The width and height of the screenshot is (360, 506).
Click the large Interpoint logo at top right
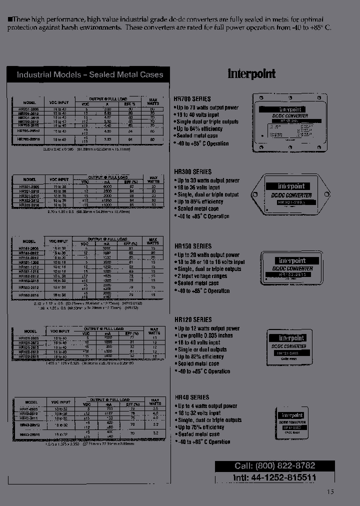tap(251, 74)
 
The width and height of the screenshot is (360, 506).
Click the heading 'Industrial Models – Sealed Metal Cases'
tap(90, 75)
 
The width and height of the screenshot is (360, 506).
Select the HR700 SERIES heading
tap(192, 99)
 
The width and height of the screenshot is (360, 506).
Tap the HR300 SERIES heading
tap(192, 172)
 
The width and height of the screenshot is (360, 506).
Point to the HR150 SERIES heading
tap(192, 246)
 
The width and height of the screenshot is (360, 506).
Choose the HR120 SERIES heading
tap(192, 319)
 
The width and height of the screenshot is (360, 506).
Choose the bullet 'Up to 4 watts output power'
tap(207, 406)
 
